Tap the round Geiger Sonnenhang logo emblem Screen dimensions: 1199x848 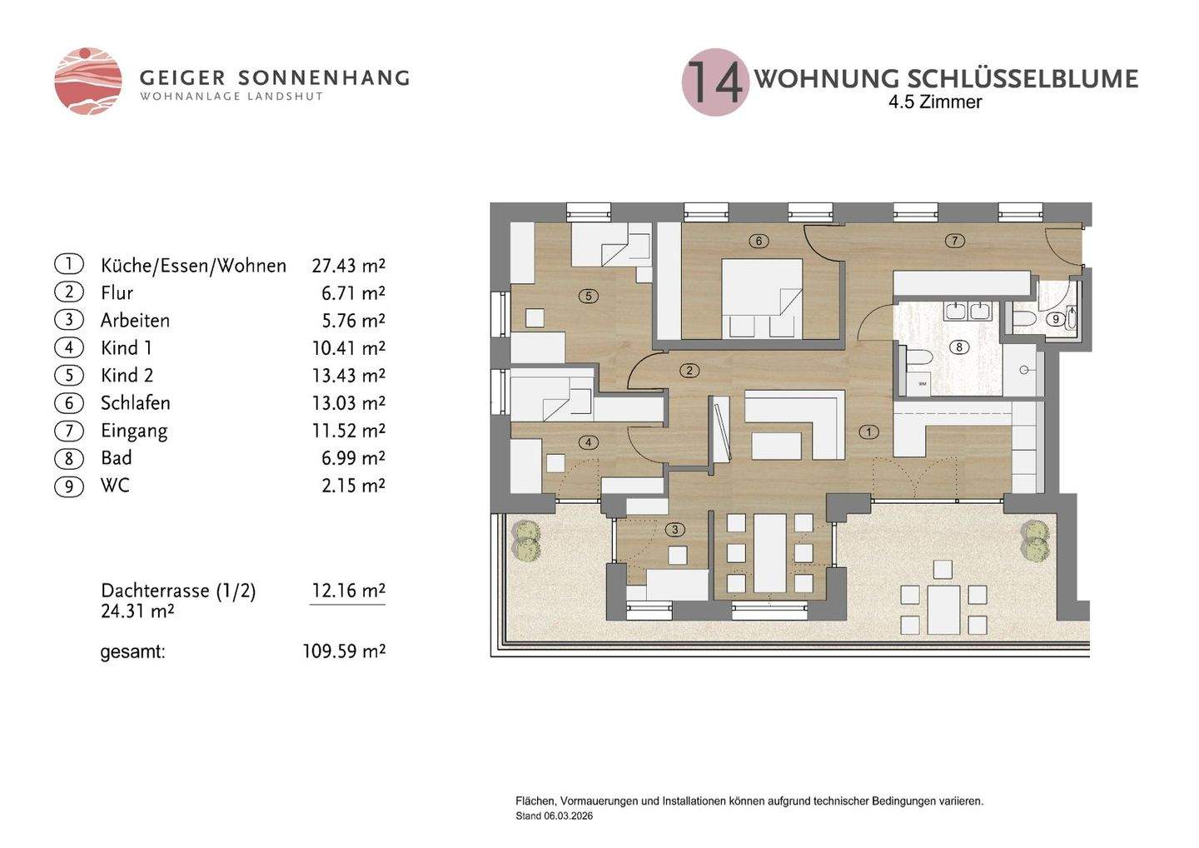coord(87,81)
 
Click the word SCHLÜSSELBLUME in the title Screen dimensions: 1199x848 coord(1022,79)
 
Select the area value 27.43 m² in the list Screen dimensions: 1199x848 coord(348,266)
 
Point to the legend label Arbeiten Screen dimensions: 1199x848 coord(136,320)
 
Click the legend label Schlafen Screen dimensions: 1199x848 coord(136,402)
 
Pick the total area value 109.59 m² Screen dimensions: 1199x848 coord(344,651)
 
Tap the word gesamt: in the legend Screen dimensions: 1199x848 coord(132,652)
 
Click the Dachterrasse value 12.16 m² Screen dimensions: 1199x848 coord(348,590)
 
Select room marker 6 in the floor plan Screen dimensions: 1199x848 coord(759,241)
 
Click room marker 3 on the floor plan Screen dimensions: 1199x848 coord(675,530)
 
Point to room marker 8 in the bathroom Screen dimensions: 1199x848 coord(958,347)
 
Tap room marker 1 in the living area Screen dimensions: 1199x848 coord(868,431)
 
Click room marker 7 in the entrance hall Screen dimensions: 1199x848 coord(955,241)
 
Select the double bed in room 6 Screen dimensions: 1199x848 coord(762,299)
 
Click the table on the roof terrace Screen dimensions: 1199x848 coord(943,609)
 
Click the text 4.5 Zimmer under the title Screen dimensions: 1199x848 coord(935,102)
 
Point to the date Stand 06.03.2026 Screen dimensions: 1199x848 coord(554,816)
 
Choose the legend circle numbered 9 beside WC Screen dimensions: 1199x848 coord(69,486)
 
